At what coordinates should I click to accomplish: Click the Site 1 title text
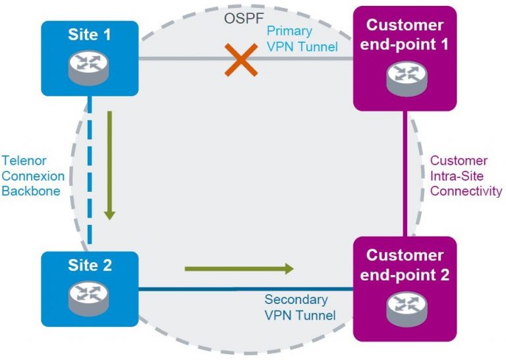click(89, 35)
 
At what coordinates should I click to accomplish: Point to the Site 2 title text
click(89, 266)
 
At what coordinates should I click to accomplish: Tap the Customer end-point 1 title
click(405, 35)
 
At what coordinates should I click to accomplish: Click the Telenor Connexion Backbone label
click(34, 176)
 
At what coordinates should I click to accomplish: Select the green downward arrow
click(109, 165)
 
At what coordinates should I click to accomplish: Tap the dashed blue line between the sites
click(90, 178)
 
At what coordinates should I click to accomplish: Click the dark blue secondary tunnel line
click(198, 289)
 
